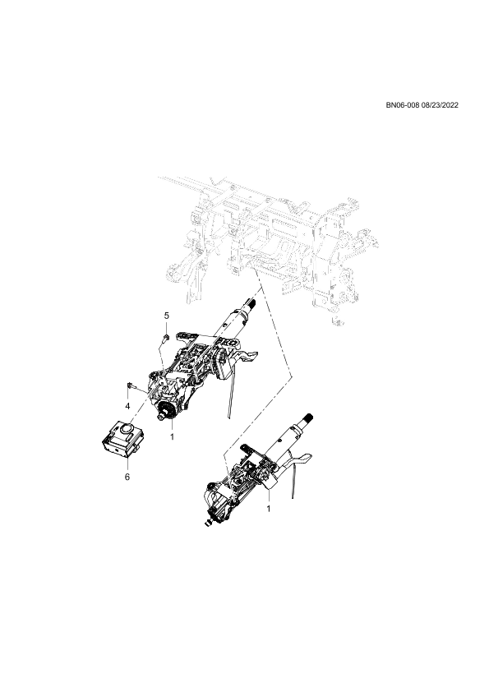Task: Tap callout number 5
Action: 166,315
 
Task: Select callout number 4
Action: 127,405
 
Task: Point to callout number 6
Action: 127,477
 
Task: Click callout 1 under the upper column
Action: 172,437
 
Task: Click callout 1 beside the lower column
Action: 269,509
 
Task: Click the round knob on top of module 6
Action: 127,427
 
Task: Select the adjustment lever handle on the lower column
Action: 300,460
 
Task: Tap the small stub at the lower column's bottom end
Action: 207,524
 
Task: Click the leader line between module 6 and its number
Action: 127,465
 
